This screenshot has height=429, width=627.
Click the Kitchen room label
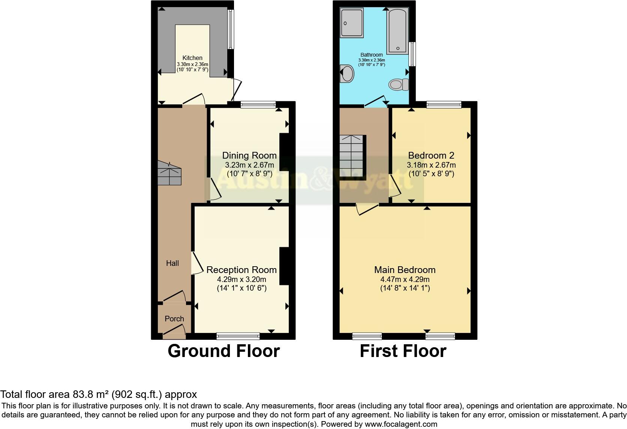point(192,58)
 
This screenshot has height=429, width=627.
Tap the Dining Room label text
point(249,155)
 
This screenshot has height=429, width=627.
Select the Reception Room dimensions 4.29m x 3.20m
point(241,279)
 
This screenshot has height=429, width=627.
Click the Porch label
point(174,319)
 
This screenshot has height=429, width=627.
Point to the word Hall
point(172,263)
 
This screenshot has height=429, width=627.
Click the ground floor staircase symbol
point(169,173)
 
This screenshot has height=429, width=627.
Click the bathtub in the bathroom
point(398,30)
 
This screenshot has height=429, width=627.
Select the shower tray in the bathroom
point(352,23)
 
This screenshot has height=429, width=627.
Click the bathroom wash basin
point(347,73)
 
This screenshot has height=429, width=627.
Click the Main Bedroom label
point(405,270)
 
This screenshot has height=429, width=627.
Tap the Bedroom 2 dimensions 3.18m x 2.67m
point(431,165)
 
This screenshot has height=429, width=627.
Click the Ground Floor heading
point(223,351)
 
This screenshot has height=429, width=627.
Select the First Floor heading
point(403,351)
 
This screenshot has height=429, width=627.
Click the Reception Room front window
point(238,336)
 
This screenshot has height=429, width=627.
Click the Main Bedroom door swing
point(367,209)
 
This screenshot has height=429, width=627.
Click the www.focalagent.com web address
point(401,424)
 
